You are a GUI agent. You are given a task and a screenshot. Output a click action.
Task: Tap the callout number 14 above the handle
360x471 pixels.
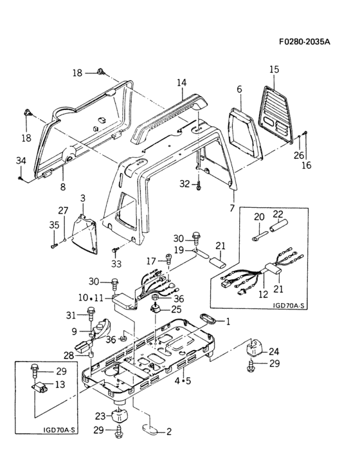tap(181, 83)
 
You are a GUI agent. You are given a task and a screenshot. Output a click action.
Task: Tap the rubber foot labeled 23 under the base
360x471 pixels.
tap(120, 417)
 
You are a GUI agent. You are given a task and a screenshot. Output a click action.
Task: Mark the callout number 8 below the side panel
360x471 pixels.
tap(62, 187)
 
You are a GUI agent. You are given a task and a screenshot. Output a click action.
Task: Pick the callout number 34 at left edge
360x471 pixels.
tap(21, 160)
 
